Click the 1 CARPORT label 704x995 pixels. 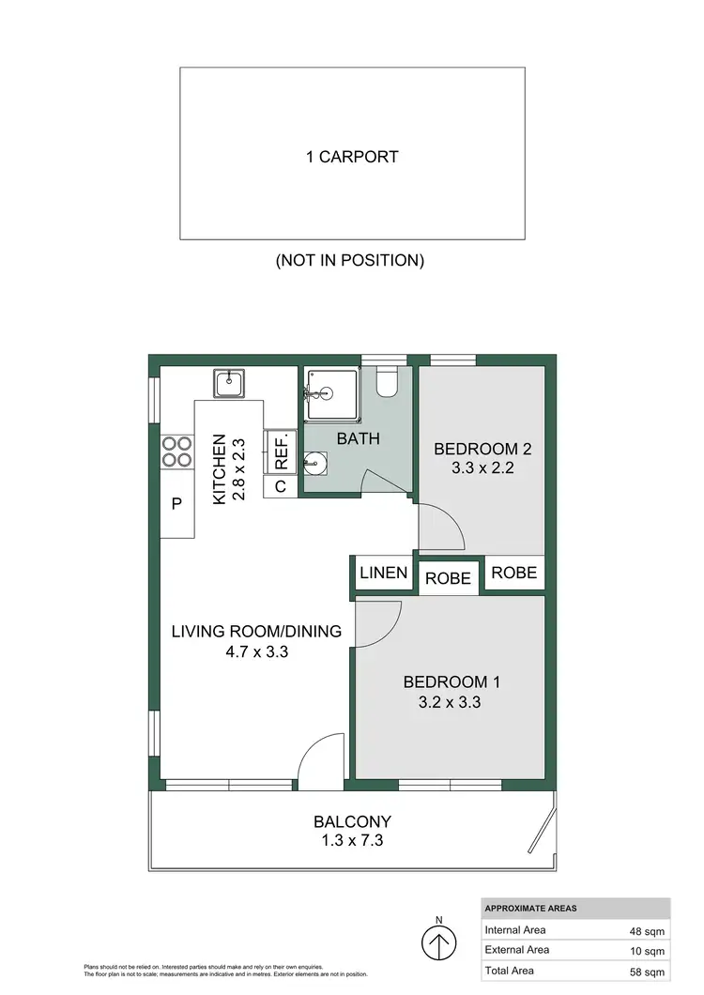click(352, 157)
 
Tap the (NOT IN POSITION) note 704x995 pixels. click(350, 260)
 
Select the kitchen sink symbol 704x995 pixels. click(229, 383)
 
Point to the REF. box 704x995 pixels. click(281, 452)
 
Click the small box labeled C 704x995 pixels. click(280, 486)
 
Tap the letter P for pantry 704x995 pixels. click(176, 504)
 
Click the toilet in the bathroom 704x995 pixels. click(387, 381)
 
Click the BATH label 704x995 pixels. click(358, 437)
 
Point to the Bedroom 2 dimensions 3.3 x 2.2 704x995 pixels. click(475, 467)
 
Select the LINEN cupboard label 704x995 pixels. click(383, 573)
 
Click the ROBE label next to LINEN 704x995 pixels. click(448, 578)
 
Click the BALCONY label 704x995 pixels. click(352, 821)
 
